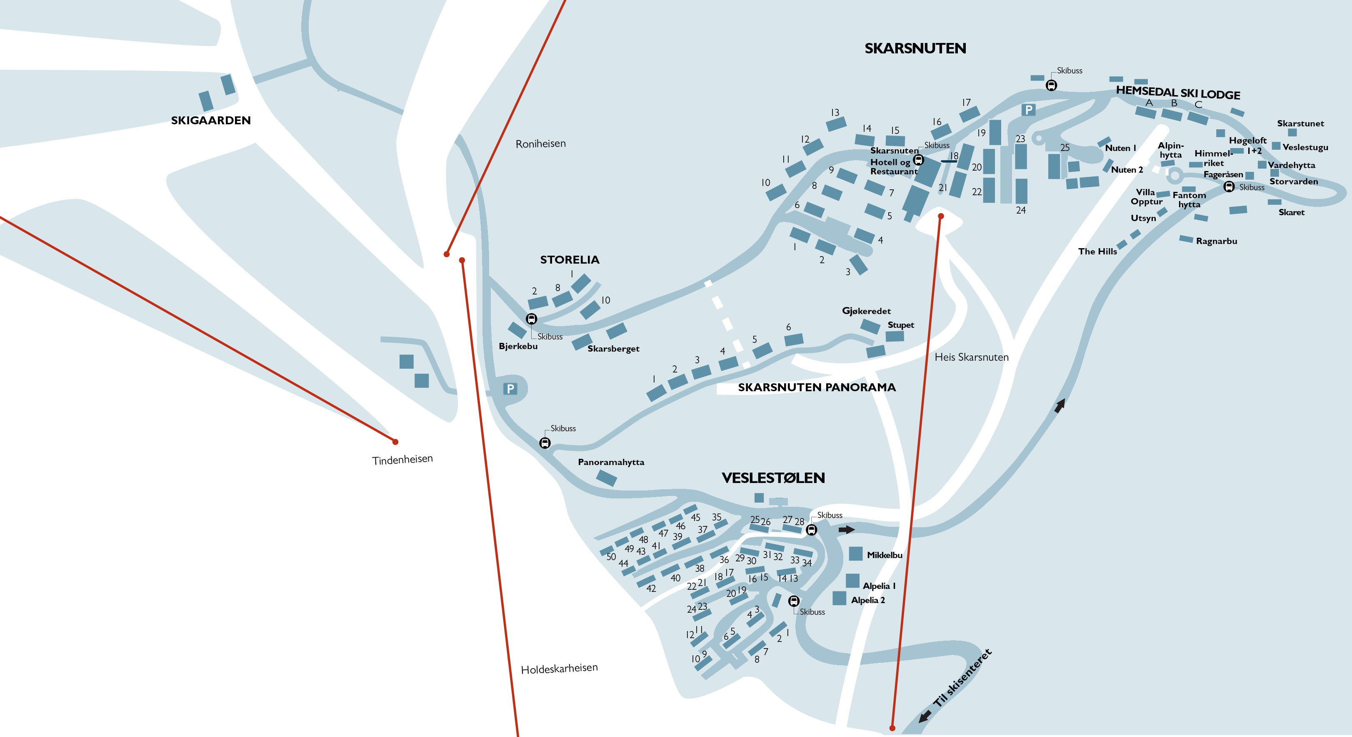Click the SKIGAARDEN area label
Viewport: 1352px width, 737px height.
pos(211,120)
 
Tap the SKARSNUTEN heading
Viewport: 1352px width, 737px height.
pos(915,48)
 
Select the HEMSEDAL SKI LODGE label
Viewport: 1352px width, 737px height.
pos(1178,93)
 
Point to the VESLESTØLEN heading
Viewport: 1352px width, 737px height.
pos(773,478)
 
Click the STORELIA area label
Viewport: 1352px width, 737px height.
pos(570,259)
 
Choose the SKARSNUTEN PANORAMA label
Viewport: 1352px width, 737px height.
pos(817,387)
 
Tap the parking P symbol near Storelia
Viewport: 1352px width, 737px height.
pos(510,389)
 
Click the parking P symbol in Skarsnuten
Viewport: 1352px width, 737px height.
pos(1029,110)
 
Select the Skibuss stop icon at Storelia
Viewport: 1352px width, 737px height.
pos(531,318)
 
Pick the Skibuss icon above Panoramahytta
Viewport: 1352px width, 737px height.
pos(545,443)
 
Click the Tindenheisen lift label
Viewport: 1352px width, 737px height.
pos(402,460)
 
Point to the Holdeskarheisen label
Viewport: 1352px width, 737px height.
pos(559,668)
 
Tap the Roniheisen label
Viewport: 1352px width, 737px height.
pos(540,143)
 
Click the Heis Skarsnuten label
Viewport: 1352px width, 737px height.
pos(972,357)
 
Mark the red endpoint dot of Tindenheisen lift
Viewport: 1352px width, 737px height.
pos(395,442)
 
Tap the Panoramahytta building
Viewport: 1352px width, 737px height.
pos(606,478)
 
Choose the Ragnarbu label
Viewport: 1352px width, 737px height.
pos(1217,241)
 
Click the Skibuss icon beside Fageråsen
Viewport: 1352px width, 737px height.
pos(1229,186)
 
